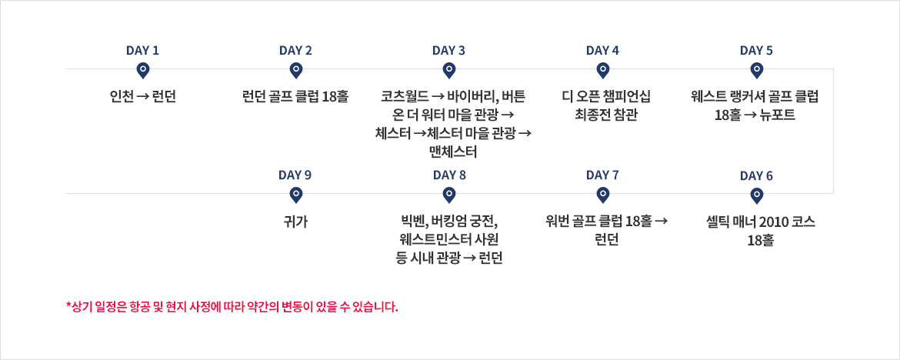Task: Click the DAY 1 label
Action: pos(142,51)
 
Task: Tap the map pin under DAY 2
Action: pos(295,71)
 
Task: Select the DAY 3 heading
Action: pos(449,51)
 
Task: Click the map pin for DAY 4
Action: pos(602,71)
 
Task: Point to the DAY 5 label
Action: pos(756,51)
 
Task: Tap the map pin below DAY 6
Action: pos(757,196)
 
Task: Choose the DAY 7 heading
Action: pos(602,175)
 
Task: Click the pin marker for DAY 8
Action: pos(449,196)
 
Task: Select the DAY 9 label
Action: pos(295,175)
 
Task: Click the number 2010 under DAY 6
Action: pos(772,222)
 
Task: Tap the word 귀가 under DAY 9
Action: pos(295,222)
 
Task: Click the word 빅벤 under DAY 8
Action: pos(412,222)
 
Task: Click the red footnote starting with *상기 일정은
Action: pos(232,306)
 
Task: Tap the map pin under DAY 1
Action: pos(142,71)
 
